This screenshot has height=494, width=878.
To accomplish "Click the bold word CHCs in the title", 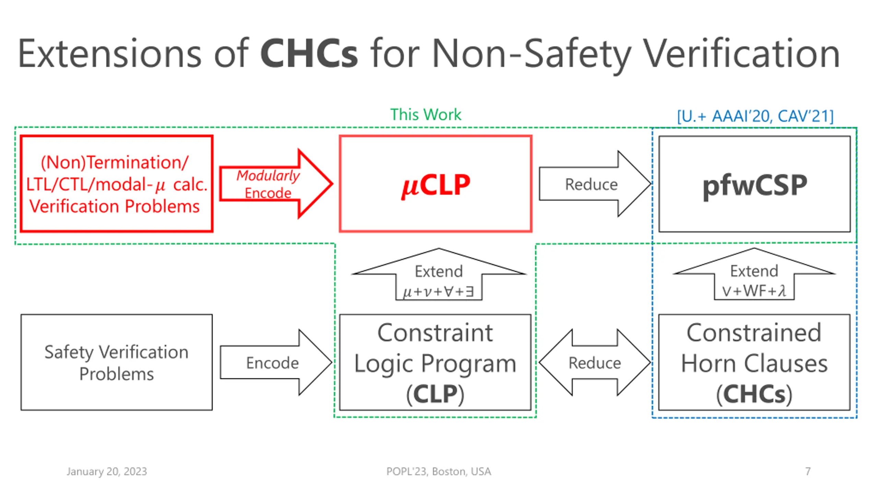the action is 309,54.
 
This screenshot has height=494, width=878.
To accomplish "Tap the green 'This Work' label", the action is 426,114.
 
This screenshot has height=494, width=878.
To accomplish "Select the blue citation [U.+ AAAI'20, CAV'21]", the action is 755,116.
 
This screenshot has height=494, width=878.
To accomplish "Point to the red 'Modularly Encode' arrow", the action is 276,184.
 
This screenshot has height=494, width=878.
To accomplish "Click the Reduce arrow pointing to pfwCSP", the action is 595,184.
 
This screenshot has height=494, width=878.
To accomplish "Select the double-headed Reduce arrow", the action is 595,363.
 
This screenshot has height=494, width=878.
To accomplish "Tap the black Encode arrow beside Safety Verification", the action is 276,363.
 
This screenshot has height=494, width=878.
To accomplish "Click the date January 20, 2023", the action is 107,471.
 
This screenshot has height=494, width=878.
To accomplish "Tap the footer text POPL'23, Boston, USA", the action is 439,471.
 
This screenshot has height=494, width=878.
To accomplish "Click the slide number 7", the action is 808,471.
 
